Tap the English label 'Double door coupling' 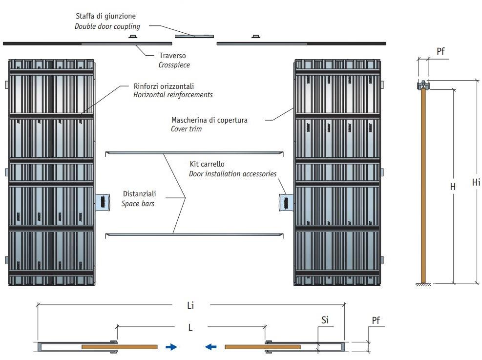[x=107, y=26]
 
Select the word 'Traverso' [x=172, y=56]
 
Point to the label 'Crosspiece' [x=174, y=64]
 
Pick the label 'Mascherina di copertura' [x=209, y=120]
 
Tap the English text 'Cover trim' [x=186, y=129]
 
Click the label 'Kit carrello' [x=207, y=165]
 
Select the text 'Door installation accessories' [x=232, y=174]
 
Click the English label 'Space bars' [x=138, y=203]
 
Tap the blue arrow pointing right [x=171, y=347]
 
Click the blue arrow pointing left [x=210, y=347]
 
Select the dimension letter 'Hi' [x=476, y=182]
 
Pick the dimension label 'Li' [x=190, y=305]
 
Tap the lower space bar [x=194, y=234]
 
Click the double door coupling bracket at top [x=194, y=36]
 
